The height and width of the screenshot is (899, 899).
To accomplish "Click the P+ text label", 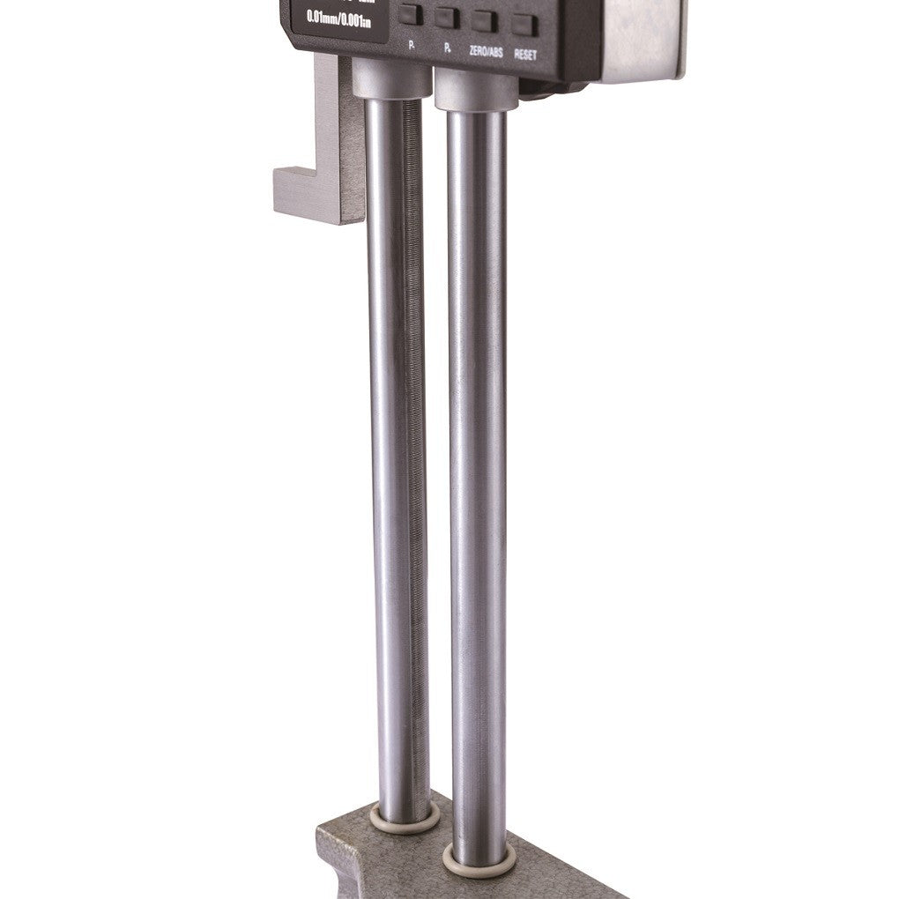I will (x=449, y=45).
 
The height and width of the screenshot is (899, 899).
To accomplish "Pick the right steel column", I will (x=476, y=485).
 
